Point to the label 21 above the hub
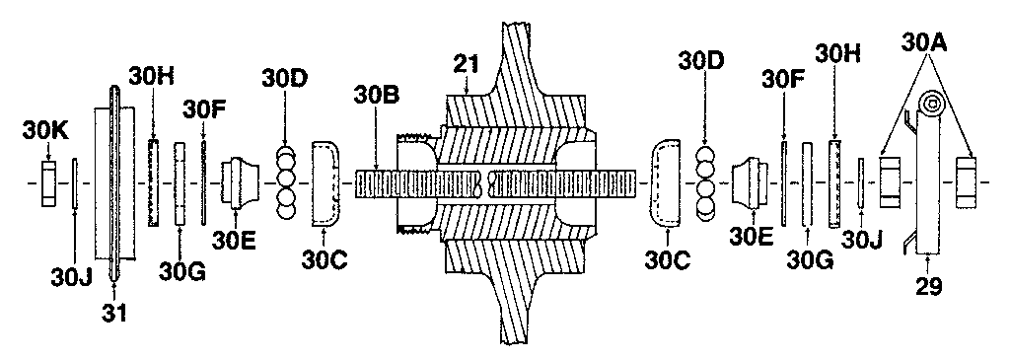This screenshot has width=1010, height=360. [467, 65]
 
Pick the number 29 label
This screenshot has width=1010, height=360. [928, 288]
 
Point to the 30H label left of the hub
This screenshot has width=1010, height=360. [152, 76]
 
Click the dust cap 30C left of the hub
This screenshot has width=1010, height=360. [325, 183]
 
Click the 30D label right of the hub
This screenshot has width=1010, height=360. [702, 60]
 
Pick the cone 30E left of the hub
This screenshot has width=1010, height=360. [239, 183]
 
